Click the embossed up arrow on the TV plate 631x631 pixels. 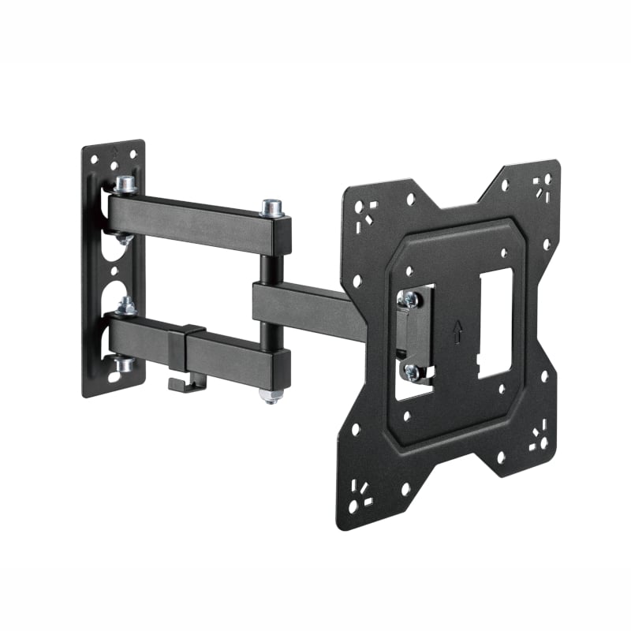[458, 333]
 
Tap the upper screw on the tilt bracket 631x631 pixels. [409, 299]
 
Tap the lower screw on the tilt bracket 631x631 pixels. [410, 370]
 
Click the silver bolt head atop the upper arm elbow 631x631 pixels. [272, 208]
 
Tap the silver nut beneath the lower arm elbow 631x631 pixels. [271, 394]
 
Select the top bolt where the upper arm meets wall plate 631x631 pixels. [124, 185]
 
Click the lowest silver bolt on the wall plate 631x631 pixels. [123, 364]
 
